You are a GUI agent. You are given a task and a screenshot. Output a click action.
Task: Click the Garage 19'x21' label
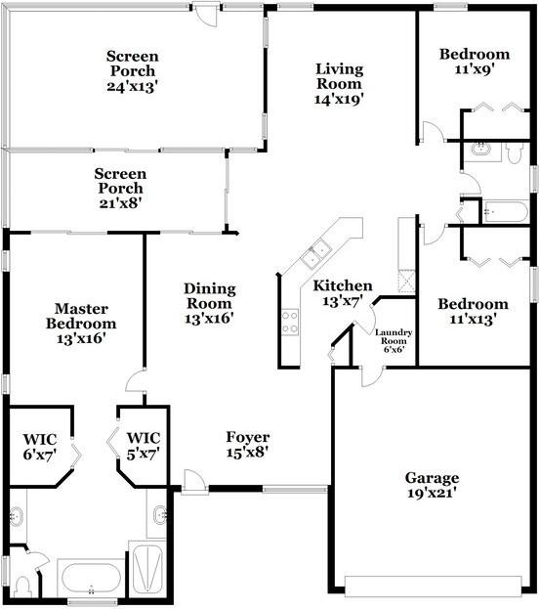pos(432,485)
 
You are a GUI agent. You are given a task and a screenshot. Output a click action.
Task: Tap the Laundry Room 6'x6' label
pos(394,340)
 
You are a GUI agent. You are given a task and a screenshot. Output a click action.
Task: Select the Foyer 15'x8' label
pos(248,445)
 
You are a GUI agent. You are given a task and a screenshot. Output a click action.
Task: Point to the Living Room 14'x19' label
pos(339,84)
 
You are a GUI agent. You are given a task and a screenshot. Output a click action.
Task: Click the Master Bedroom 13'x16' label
pos(81,324)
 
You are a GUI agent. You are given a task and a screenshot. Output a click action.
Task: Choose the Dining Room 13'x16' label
pos(210,303)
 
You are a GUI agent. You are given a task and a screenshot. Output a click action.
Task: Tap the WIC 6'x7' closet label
pos(40,447)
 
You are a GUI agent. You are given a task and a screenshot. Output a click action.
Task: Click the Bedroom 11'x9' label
pos(475,62)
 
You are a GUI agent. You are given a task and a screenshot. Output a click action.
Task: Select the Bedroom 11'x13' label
pos(473,311)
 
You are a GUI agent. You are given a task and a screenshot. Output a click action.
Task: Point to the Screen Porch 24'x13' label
pos(133,71)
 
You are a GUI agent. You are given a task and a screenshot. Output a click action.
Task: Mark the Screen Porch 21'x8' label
pos(120,189)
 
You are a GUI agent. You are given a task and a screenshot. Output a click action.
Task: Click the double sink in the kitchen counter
pos(315,253)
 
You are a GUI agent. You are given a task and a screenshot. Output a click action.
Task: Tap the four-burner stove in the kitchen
pos(290,322)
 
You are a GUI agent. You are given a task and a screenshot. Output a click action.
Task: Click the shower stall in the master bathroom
pos(147,570)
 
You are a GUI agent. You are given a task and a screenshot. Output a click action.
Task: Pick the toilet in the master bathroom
pos(22,587)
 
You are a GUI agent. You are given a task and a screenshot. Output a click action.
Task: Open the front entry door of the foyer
pos(194,482)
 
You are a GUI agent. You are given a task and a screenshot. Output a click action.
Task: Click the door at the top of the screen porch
pos(206,15)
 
